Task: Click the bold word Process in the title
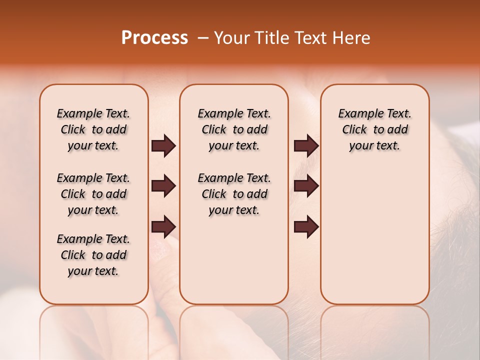154,38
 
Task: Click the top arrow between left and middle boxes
163,146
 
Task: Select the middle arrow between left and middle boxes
163,186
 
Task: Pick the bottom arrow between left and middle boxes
163,226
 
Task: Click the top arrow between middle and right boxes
306,146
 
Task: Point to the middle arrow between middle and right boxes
306,186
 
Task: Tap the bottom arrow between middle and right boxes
306,226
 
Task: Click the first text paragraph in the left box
93,129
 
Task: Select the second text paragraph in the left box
93,194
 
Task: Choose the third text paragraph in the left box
93,255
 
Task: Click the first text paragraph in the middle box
234,129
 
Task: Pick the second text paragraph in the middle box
234,194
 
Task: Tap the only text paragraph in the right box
375,129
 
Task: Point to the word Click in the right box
354,130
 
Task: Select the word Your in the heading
232,38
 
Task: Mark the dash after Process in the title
203,38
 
